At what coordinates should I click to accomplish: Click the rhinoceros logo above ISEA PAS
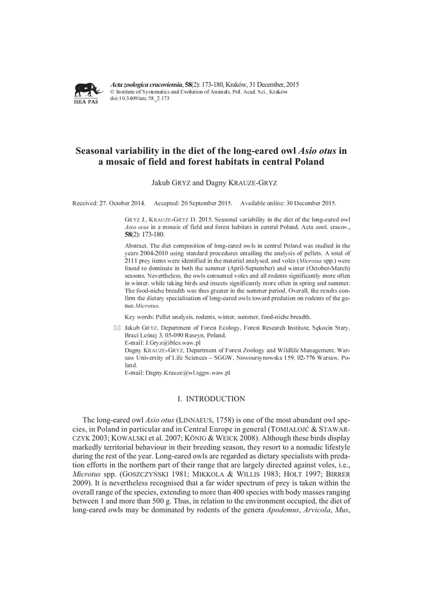[87, 89]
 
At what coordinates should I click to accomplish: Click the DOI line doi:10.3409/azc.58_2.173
[139, 99]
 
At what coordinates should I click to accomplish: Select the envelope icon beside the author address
[117, 329]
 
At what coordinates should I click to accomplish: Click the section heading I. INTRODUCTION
[211, 399]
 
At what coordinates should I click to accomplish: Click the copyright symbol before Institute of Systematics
[113, 92]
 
